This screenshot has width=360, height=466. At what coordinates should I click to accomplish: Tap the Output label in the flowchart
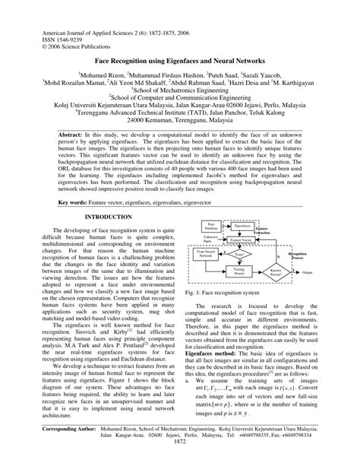point(308,271)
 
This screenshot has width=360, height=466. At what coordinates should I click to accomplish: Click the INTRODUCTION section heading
point(109,217)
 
